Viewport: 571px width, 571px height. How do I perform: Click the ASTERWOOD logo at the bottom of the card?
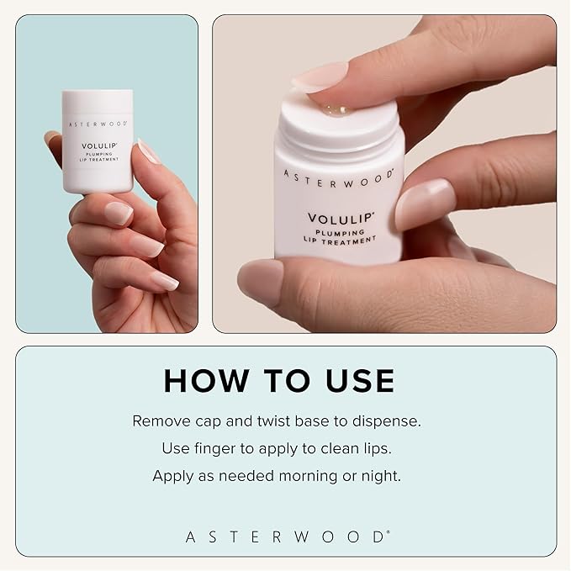[x=286, y=536]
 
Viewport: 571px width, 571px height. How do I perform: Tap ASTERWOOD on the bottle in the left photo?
[x=98, y=123]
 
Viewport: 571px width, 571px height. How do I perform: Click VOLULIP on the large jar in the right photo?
[x=341, y=216]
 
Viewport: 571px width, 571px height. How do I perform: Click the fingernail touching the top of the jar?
[x=319, y=78]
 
